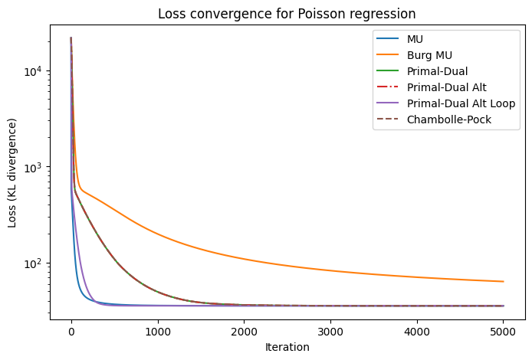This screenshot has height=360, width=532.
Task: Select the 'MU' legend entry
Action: [x=415, y=39]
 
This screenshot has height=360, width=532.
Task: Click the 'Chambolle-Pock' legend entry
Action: [x=448, y=119]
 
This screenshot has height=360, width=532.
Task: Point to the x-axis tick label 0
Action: [x=71, y=332]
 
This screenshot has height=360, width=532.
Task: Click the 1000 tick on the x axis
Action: [x=158, y=332]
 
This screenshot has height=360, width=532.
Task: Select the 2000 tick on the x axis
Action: [x=244, y=332]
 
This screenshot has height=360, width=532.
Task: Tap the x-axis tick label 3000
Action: [x=330, y=332]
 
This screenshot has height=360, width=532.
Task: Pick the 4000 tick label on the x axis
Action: [x=417, y=332]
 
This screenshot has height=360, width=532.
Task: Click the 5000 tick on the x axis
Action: [x=503, y=332]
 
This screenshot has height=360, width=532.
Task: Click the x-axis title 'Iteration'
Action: [x=287, y=347]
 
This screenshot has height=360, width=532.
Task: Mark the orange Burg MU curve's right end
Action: [x=503, y=281]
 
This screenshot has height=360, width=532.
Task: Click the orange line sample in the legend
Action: [x=385, y=55]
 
